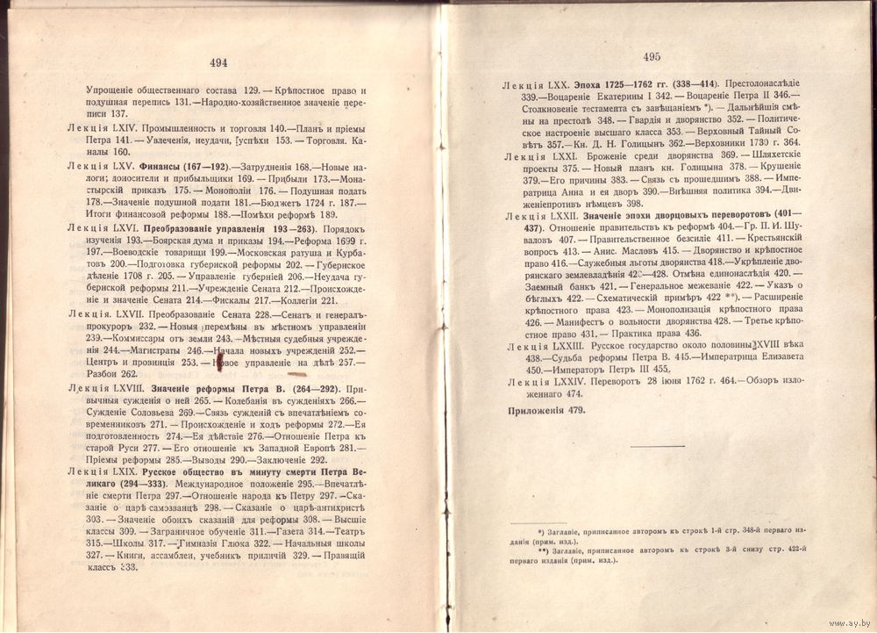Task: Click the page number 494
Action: [x=218, y=62]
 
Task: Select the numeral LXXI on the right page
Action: [x=552, y=155]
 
